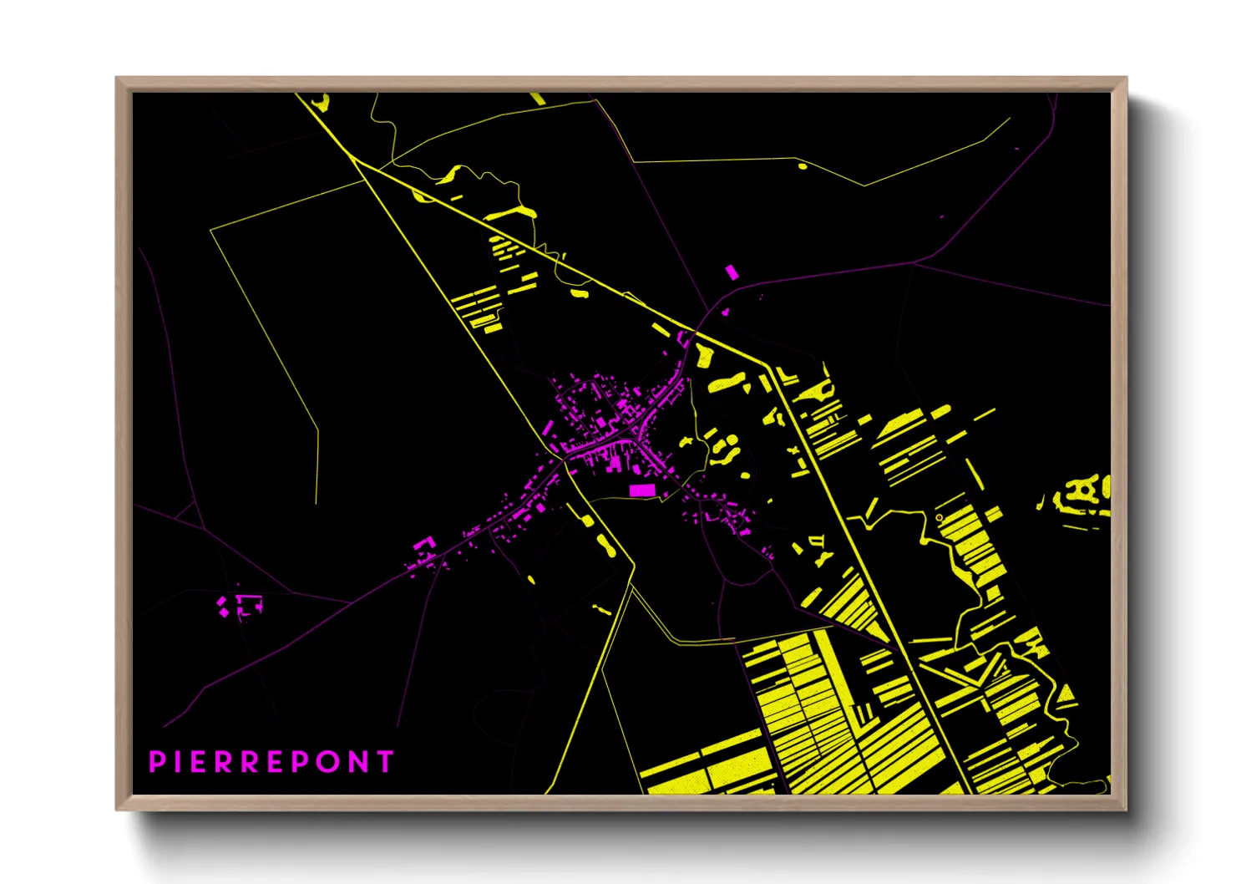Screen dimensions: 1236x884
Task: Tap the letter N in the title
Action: (360, 762)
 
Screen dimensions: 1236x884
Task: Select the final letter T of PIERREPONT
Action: (385, 762)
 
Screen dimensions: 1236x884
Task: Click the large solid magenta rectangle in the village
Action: (641, 490)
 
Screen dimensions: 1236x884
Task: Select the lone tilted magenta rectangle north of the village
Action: (732, 272)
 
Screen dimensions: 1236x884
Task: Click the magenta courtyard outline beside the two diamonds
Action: (248, 605)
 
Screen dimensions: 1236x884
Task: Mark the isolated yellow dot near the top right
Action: (803, 166)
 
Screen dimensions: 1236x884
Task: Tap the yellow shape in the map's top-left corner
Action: (320, 103)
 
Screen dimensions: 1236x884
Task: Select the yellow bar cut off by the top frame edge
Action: (537, 99)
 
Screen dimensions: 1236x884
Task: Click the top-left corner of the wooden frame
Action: (117, 79)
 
